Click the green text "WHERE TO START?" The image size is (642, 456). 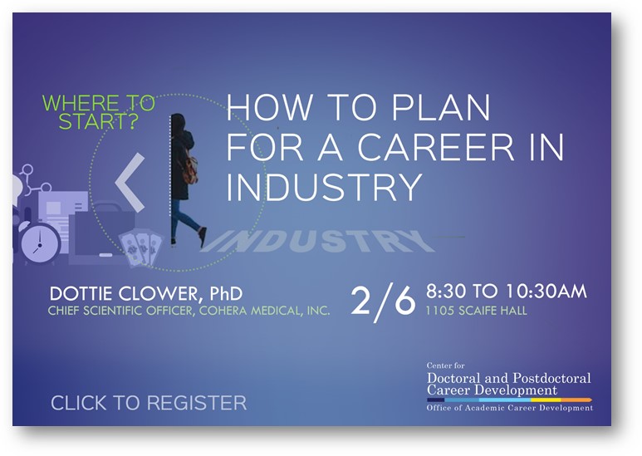[99, 112]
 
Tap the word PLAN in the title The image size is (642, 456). [441, 108]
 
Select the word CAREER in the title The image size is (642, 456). [436, 147]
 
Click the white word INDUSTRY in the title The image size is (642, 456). [324, 187]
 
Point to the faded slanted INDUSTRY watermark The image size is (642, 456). [317, 241]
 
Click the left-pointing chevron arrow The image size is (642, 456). [130, 183]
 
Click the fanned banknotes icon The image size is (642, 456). [140, 249]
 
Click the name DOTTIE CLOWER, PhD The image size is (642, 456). [146, 293]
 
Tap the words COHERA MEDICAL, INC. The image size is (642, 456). [264, 311]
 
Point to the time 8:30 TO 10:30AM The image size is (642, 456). [507, 292]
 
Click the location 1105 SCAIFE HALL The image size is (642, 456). [476, 311]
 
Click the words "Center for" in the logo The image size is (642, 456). [445, 365]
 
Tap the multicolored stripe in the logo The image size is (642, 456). [509, 400]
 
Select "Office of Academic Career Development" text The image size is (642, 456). [510, 408]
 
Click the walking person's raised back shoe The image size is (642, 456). [203, 238]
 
